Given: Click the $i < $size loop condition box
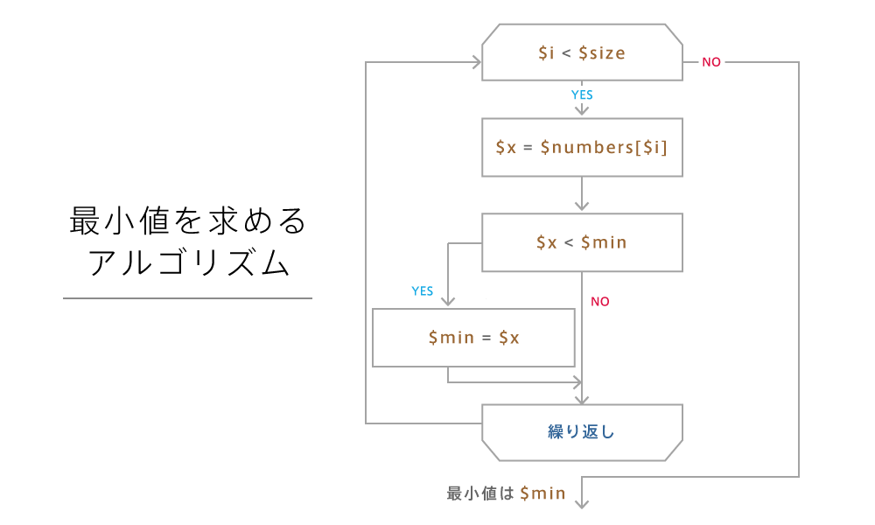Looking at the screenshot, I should [582, 52].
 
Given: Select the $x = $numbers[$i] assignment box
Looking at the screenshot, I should [582, 147].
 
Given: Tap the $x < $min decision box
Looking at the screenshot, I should [582, 242].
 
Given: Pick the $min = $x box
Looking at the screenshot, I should [473, 337].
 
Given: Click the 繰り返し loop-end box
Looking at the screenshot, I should [582, 431].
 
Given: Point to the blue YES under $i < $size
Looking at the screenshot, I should [582, 94].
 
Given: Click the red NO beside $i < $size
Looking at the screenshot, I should [711, 63].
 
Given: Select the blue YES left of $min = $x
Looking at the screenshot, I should [423, 291].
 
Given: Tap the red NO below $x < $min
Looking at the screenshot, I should [600, 302].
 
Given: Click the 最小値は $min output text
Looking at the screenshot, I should [506, 493].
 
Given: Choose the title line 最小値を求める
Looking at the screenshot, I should [188, 222].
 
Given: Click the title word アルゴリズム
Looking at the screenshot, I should [188, 263].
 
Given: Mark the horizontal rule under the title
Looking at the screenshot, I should [187, 298].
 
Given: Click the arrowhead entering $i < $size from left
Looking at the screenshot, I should [478, 62].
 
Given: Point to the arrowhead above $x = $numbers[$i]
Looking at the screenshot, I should [582, 111].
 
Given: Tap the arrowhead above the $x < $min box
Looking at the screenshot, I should [582, 206].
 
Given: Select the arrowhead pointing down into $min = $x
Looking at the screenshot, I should [448, 301].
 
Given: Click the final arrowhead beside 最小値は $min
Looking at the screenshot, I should [582, 502].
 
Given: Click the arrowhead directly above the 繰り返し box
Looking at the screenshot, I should [582, 398].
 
